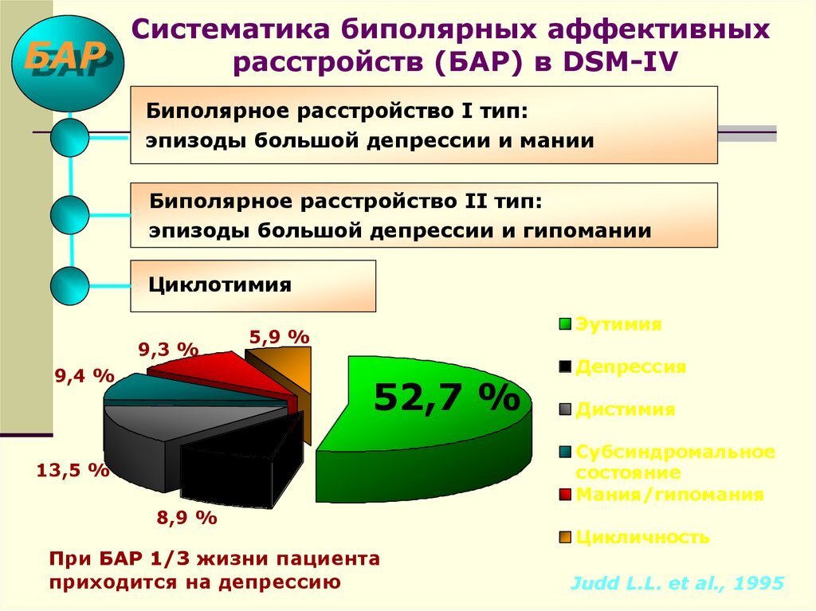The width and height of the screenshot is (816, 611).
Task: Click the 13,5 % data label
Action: tap(73, 469)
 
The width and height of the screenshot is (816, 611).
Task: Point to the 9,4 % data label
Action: tap(84, 375)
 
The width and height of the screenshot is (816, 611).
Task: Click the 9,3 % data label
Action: tap(167, 348)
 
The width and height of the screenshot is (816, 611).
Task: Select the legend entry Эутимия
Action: tap(618, 324)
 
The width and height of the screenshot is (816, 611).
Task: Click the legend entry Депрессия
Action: tap(630, 367)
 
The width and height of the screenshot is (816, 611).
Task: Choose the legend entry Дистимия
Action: tap(625, 409)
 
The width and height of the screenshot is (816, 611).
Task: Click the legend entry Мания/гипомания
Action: tap(669, 494)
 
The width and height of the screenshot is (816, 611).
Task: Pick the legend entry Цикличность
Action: tap(641, 537)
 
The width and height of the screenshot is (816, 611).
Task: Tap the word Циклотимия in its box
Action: tap(220, 284)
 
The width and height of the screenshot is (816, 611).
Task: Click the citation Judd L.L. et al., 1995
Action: tap(677, 582)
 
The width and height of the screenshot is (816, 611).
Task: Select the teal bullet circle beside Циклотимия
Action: tap(69, 286)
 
